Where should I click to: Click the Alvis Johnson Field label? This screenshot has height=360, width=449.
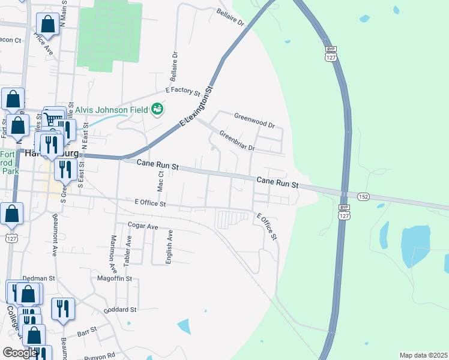pyautogui.click(x=112, y=110)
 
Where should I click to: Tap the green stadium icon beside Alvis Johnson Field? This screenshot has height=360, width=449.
pyautogui.click(x=157, y=109)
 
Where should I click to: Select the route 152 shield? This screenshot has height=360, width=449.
pyautogui.click(x=363, y=196)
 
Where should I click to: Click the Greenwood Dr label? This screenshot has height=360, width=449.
pyautogui.click(x=254, y=121)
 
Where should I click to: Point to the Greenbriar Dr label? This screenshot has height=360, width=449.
pyautogui.click(x=237, y=140)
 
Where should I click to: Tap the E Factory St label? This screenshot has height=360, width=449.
pyautogui.click(x=182, y=91)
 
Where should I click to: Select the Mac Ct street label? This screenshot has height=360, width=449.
pyautogui.click(x=160, y=181)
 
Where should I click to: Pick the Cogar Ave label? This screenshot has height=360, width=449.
pyautogui.click(x=142, y=226)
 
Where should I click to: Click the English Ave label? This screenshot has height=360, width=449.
pyautogui.click(x=170, y=247)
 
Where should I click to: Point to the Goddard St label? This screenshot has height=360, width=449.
pyautogui.click(x=120, y=310)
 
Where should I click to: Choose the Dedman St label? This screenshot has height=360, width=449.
pyautogui.click(x=38, y=278)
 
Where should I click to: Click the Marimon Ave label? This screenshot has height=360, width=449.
pyautogui.click(x=112, y=251)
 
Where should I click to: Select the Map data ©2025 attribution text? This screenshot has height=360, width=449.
pyautogui.click(x=423, y=355)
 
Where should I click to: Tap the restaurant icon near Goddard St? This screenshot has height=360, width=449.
pyautogui.click(x=63, y=308)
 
